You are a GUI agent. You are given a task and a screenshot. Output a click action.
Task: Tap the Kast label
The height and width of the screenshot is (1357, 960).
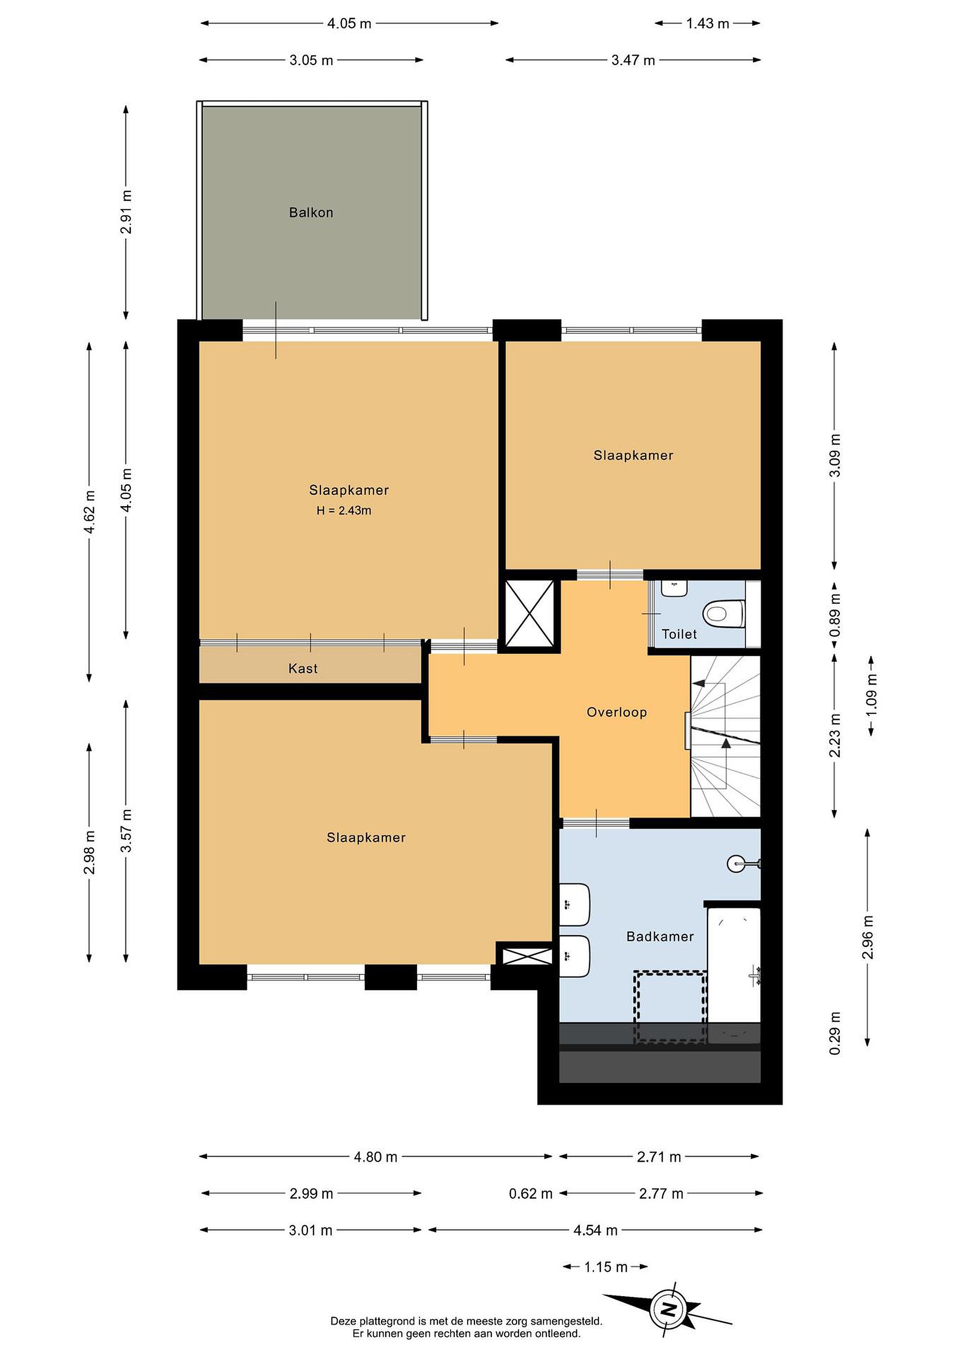pos(303,669)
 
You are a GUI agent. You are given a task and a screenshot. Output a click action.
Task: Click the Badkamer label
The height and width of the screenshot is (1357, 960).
pos(660,936)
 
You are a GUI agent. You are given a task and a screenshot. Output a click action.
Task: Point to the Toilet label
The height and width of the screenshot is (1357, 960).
pos(679,634)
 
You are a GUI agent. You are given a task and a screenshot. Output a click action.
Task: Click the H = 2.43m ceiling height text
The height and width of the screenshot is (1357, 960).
pos(344,511)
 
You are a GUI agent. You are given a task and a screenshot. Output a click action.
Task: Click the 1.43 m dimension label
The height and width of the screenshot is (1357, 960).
pos(707,24)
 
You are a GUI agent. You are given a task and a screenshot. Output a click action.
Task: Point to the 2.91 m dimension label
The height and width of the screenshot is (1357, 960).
pos(126,212)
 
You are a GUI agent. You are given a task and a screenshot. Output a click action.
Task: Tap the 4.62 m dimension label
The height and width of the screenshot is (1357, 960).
pos(90,512)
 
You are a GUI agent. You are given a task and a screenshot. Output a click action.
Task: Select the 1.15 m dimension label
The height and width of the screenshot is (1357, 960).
pos(606,1267)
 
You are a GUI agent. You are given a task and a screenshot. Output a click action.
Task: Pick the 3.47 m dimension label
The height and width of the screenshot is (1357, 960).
pos(633,60)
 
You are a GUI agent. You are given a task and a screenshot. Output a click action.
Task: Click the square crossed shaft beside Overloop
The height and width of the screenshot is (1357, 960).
pos(531,613)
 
